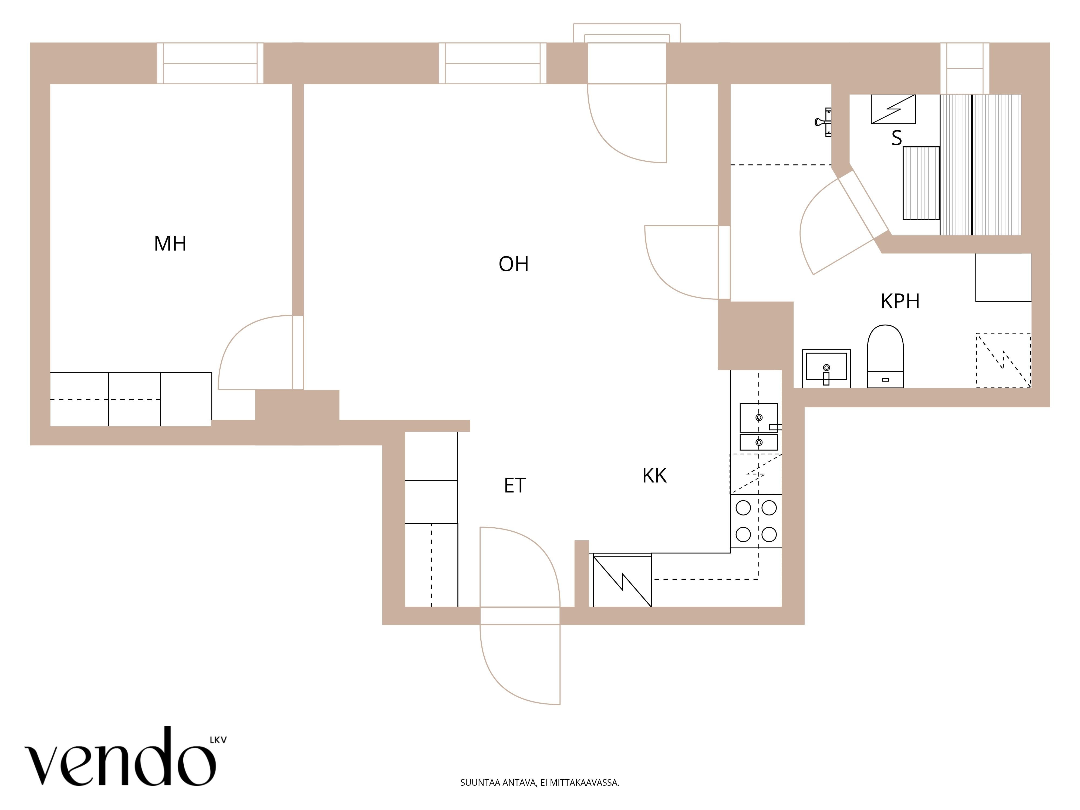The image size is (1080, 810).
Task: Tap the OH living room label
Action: pyautogui.click(x=514, y=264)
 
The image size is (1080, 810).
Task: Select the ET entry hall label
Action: pyautogui.click(x=515, y=485)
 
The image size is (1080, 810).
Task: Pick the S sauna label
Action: pyautogui.click(x=896, y=138)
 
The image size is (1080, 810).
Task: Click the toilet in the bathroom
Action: pyautogui.click(x=885, y=356)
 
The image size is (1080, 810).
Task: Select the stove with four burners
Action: pyautogui.click(x=756, y=521)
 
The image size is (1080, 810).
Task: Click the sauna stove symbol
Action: pyautogui.click(x=893, y=109)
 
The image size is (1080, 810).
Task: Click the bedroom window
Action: pyautogui.click(x=210, y=63)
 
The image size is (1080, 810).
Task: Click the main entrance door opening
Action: pyautogui.click(x=520, y=616)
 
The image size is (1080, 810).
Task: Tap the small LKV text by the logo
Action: pyautogui.click(x=218, y=740)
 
